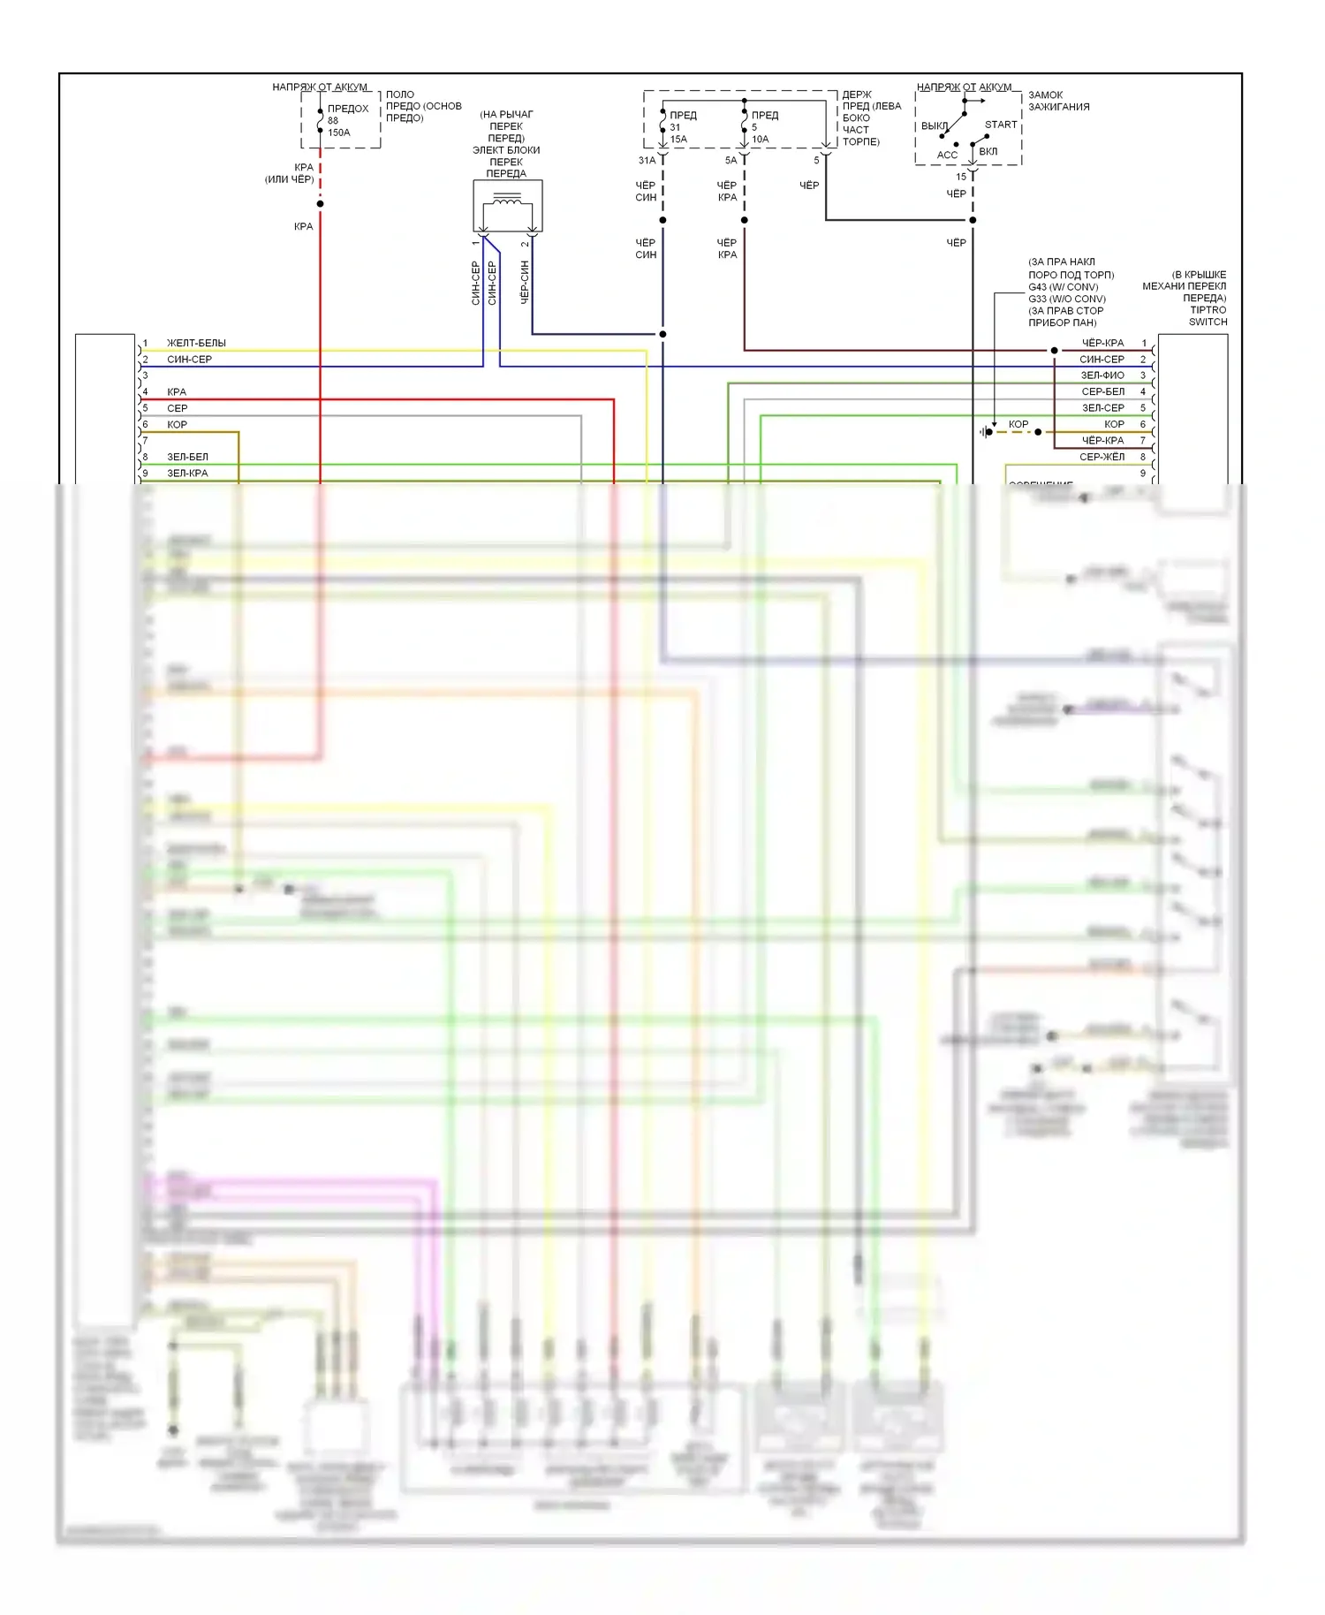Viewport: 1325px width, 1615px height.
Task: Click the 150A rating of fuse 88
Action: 339,133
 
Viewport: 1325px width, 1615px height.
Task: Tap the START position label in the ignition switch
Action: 1001,125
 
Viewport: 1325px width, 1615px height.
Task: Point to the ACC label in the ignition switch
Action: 947,155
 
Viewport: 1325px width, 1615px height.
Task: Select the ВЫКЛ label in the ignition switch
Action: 935,126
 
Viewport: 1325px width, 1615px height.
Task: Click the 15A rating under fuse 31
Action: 678,140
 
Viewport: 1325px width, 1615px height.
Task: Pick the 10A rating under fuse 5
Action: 761,140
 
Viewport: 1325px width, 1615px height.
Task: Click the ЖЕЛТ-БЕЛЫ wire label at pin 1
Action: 196,343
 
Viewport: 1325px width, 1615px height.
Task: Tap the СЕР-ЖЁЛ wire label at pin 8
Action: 1102,457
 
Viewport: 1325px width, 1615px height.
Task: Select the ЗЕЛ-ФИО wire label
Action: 1102,375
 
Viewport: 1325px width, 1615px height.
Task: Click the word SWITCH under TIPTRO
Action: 1208,322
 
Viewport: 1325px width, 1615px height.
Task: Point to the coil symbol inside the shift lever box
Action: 507,202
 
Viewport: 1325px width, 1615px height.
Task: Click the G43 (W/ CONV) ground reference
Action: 1063,287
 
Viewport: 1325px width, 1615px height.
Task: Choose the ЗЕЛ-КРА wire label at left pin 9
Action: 187,474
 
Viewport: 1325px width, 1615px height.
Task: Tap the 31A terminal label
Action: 647,161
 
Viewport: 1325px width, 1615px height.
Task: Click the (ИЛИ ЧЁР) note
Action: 289,179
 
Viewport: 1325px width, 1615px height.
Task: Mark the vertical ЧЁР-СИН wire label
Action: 525,282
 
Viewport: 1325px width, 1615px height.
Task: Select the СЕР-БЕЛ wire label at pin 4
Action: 1102,391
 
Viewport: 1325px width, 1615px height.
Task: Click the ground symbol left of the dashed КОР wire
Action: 985,432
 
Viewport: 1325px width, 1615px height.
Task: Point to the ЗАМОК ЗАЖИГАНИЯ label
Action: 1058,101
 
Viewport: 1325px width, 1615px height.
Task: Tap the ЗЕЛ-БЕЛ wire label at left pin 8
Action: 187,457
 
